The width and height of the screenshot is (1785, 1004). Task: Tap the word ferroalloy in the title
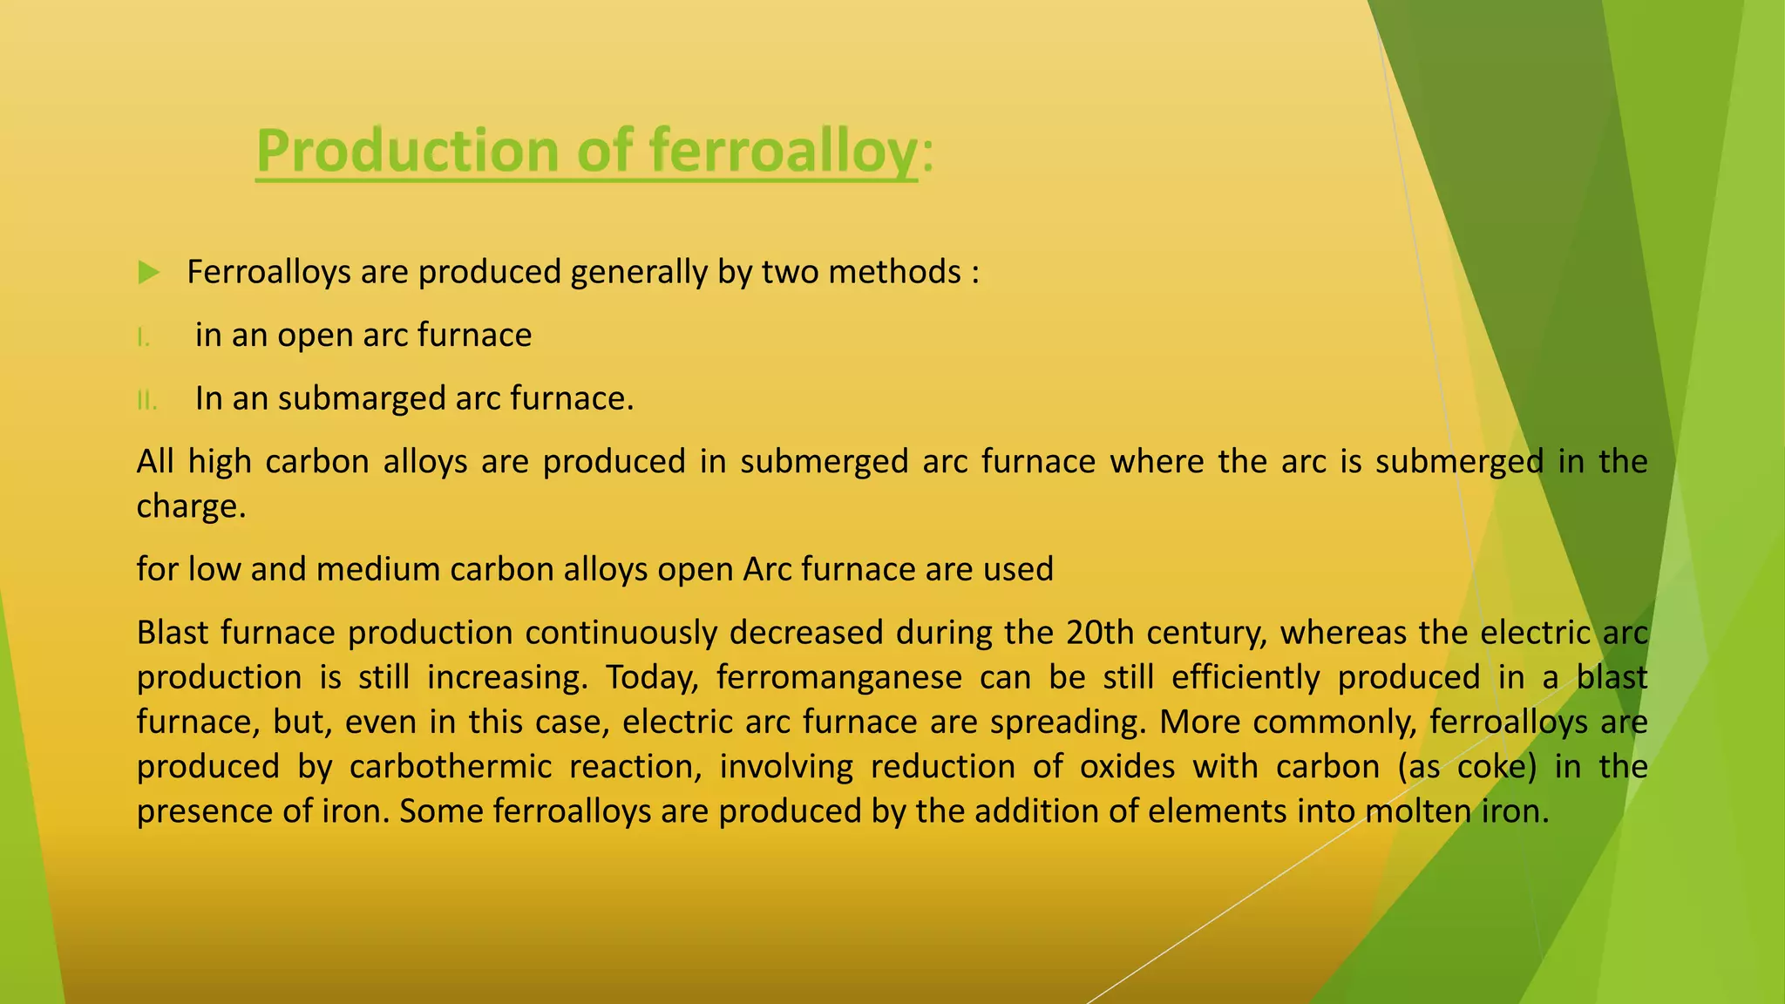tap(784, 151)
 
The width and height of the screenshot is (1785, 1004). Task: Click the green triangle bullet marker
tap(149, 273)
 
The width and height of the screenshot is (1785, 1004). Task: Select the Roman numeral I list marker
tap(144, 337)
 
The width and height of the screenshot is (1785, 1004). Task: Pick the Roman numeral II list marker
tap(146, 401)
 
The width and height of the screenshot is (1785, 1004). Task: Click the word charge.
tap(191, 506)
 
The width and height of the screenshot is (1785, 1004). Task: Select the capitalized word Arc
tap(768, 569)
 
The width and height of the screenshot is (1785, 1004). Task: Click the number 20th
tap(1099, 633)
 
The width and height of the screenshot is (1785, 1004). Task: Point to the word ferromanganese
tap(838, 677)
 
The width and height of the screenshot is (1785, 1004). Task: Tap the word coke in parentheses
tap(1496, 767)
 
